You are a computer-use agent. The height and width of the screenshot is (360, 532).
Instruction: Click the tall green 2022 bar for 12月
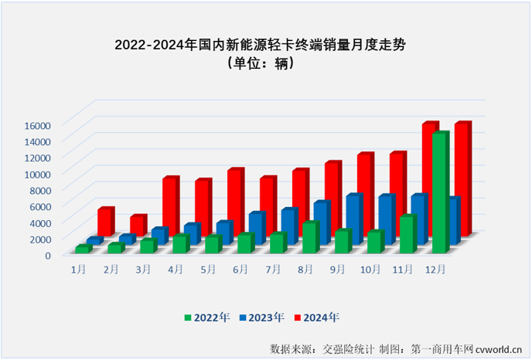tap(439, 193)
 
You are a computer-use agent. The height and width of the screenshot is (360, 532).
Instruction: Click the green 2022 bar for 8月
tap(309, 237)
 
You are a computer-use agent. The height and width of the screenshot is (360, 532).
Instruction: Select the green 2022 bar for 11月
tap(407, 234)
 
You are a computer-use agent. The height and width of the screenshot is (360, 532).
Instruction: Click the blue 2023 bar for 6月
tap(256, 226)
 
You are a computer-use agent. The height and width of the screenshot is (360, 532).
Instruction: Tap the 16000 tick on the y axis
tap(36, 125)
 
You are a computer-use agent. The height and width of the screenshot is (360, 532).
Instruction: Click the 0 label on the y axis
tap(47, 255)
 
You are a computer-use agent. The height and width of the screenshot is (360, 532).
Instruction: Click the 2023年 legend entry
tap(261, 318)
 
